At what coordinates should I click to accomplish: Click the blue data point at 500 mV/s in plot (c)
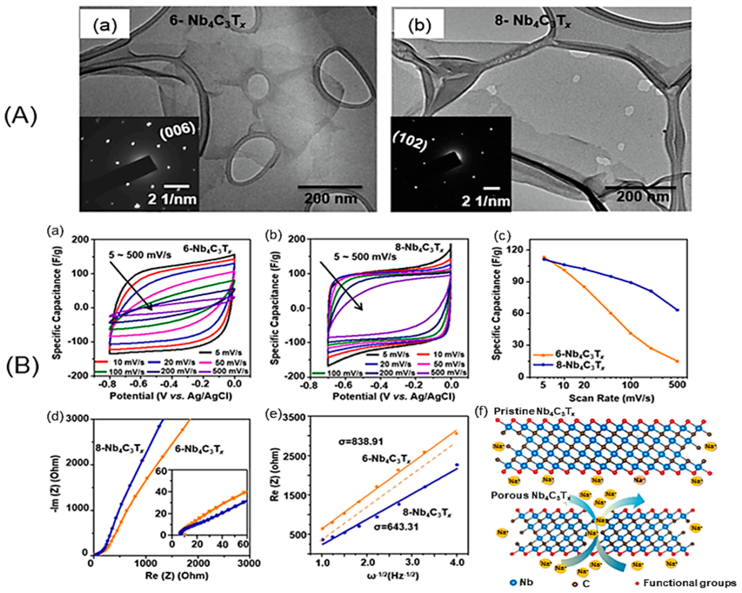tap(677, 310)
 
